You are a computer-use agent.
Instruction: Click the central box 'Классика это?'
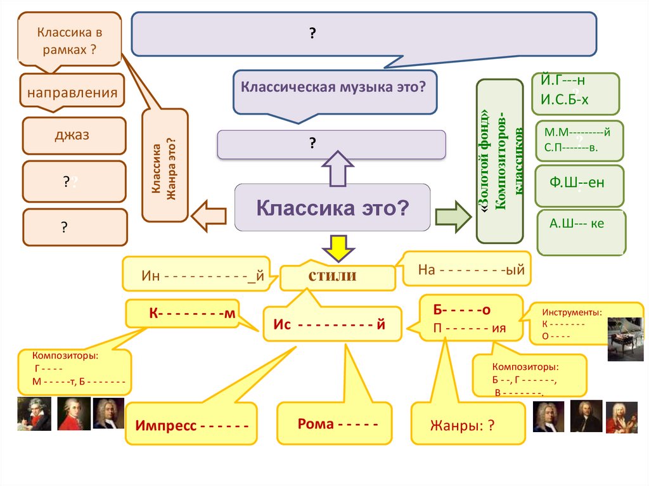point(332,207)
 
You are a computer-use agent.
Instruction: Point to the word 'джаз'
point(72,135)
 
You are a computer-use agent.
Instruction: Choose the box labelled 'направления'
point(72,93)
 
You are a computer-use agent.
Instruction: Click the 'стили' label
point(332,276)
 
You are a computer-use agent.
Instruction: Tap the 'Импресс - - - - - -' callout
point(191,423)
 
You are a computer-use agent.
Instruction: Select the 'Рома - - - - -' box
point(334,423)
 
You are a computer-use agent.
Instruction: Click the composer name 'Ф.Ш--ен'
point(577,183)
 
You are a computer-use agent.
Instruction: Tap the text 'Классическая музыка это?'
point(332,86)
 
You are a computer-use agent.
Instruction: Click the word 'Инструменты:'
point(571,312)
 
